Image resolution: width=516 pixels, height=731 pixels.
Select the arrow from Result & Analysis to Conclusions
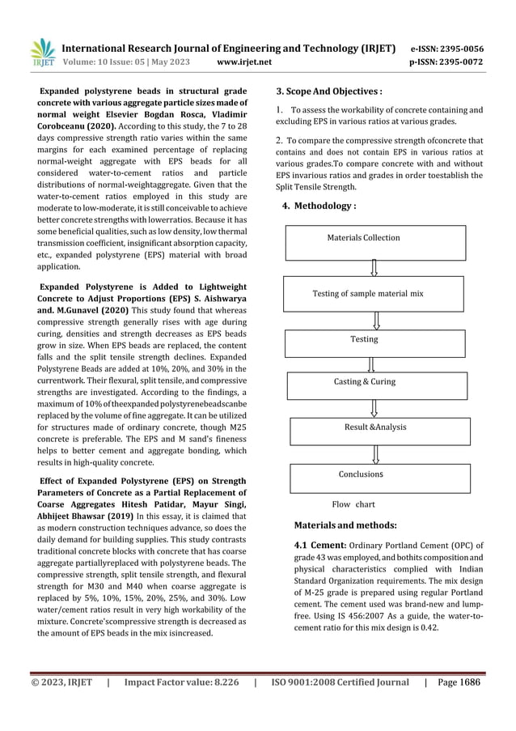pos(373,449)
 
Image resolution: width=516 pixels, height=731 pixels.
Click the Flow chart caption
pos(353,504)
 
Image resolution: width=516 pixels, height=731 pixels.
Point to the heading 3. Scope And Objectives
pos(329,91)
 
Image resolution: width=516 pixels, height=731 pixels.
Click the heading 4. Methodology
pos(319,206)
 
